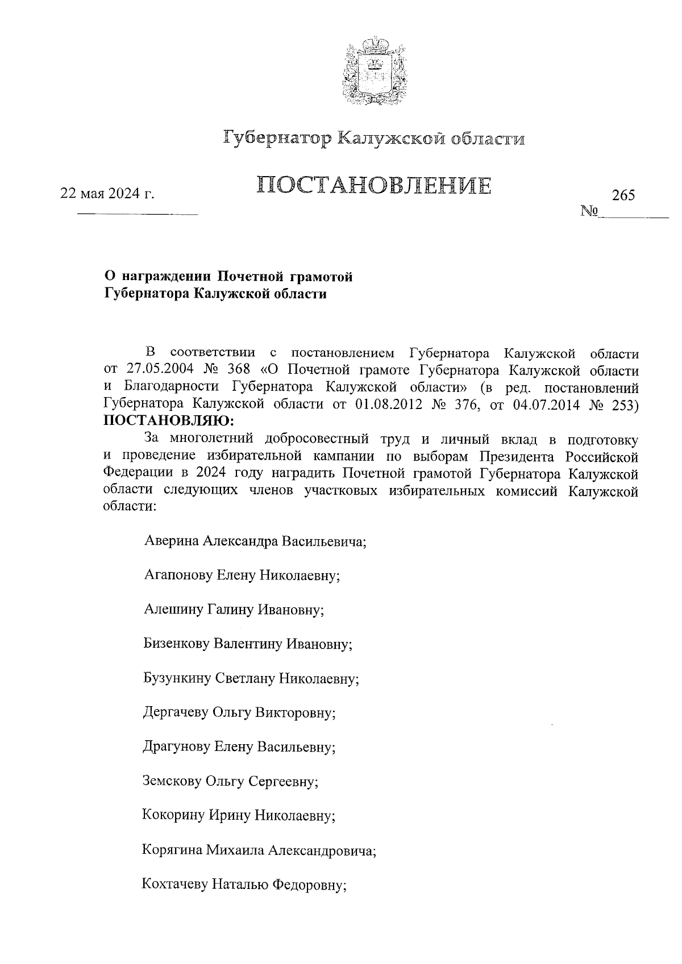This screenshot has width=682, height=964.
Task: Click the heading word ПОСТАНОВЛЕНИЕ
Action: (373, 186)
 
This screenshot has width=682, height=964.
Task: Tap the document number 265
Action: (623, 195)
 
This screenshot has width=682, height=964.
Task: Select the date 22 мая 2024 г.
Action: (108, 194)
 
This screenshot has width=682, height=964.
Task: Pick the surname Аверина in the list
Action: (171, 541)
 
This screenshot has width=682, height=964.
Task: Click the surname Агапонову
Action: (178, 575)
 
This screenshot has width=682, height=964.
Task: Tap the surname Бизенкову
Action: (177, 644)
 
